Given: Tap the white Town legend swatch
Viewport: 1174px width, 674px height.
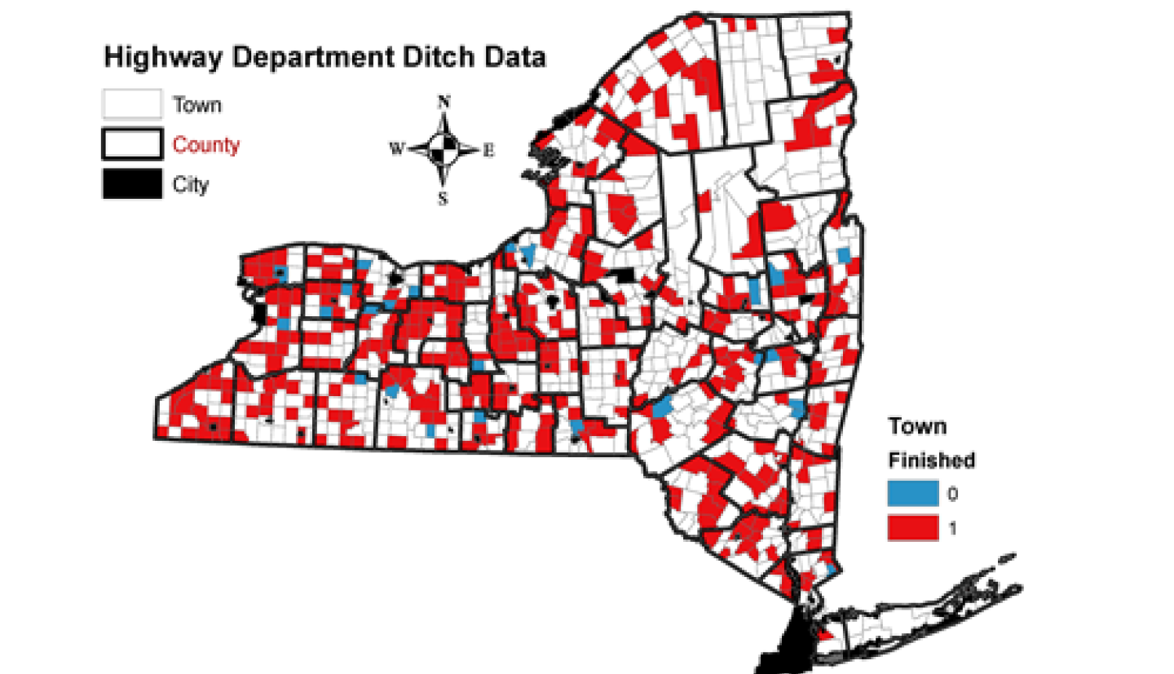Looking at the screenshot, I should click(x=130, y=105).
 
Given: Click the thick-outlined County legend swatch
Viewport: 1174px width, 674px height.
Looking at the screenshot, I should click(x=130, y=145).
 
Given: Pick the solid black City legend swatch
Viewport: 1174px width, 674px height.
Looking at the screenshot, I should click(x=130, y=185).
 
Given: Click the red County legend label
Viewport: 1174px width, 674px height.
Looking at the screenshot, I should click(x=206, y=146).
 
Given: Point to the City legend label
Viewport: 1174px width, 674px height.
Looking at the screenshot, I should click(x=191, y=185).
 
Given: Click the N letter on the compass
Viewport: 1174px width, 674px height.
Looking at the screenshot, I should click(x=444, y=102).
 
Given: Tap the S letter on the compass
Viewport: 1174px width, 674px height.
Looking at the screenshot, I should click(x=444, y=197).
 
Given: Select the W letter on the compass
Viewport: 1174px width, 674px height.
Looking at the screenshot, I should click(x=397, y=149).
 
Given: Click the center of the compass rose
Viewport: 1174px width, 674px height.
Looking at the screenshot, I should click(x=444, y=149).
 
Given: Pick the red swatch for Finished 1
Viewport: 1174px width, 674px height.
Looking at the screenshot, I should click(x=911, y=529).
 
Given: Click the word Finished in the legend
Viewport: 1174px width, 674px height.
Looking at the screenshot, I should click(x=931, y=460).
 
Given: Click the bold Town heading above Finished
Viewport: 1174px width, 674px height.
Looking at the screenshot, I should click(x=916, y=426).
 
